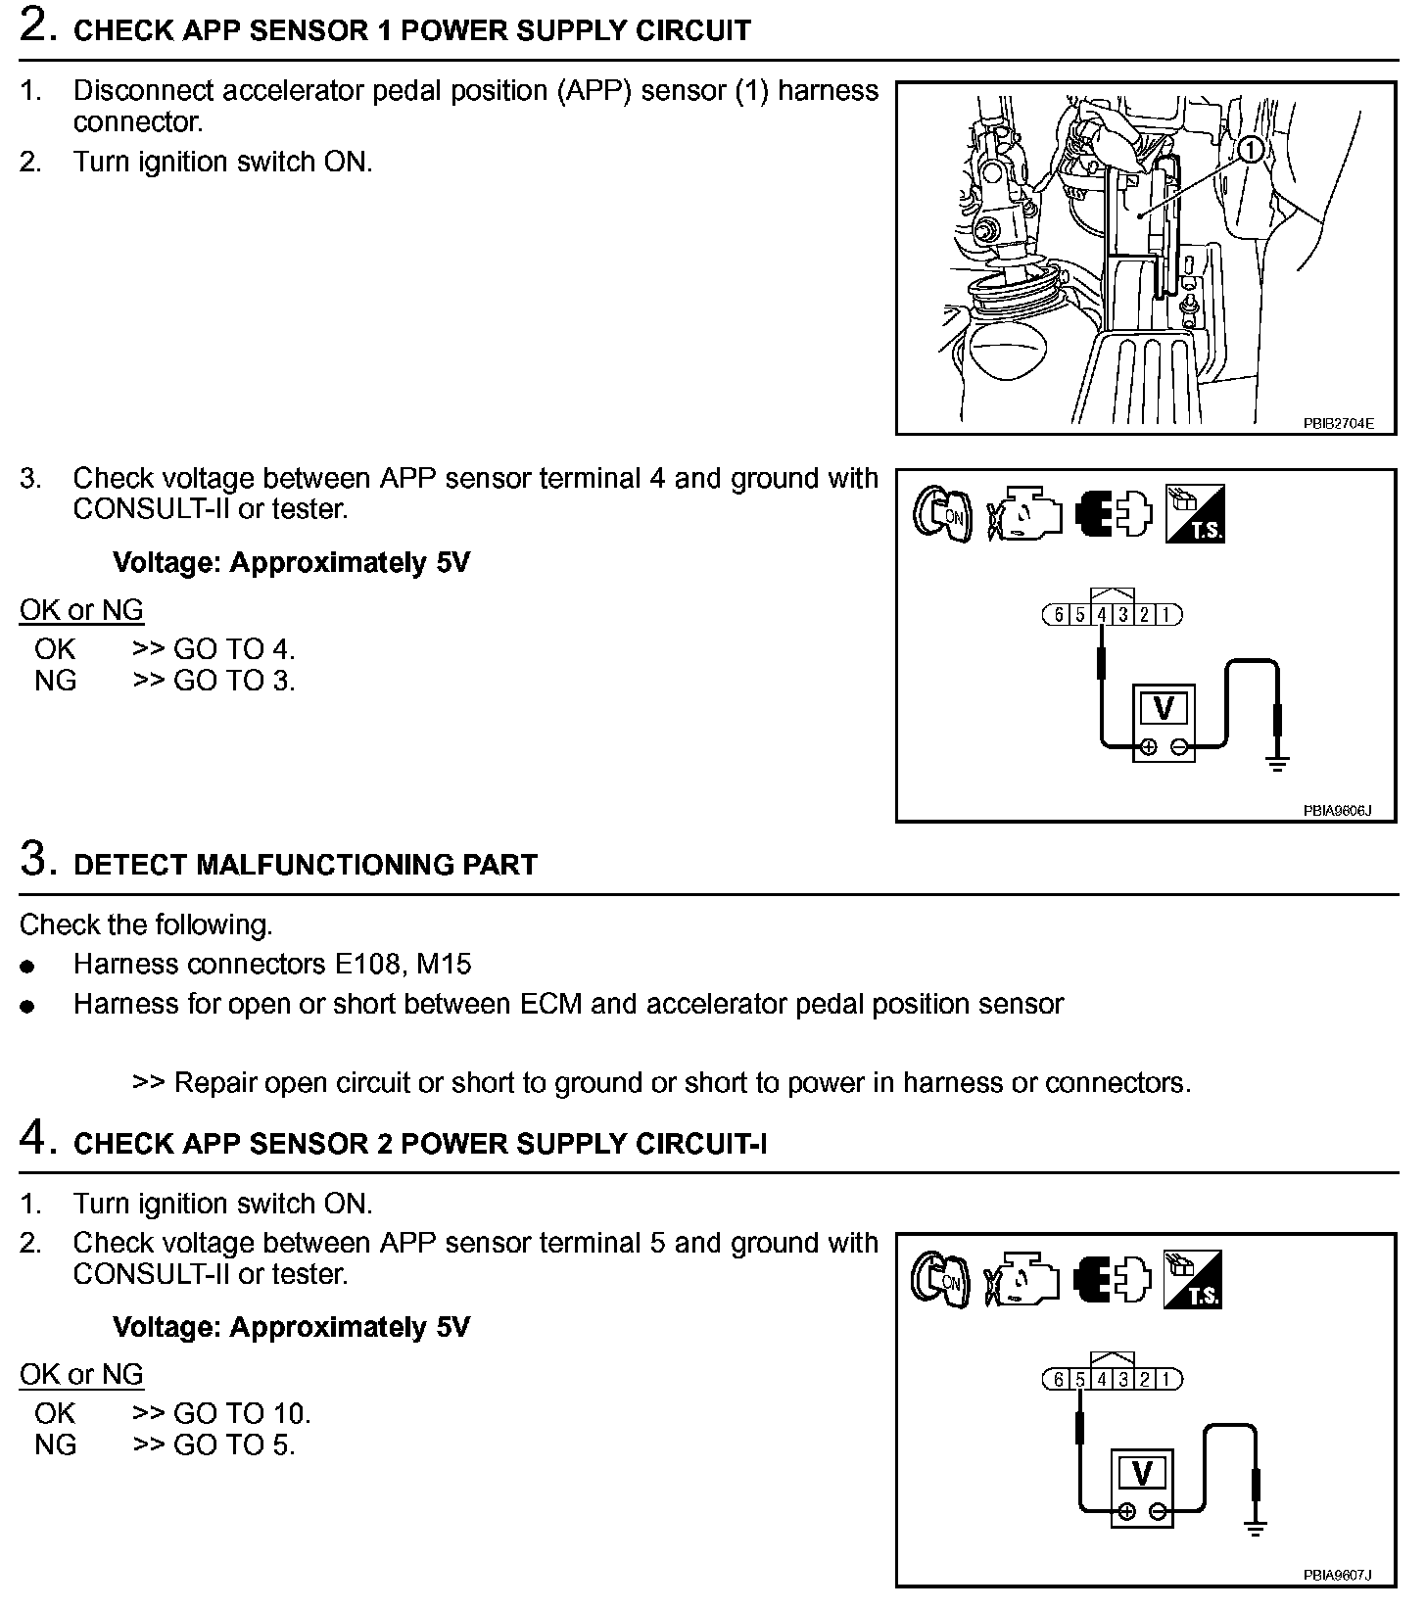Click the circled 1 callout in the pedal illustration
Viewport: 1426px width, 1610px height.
tap(1252, 150)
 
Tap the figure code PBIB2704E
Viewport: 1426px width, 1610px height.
tap(1338, 424)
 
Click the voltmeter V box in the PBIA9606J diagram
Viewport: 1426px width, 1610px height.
tap(1164, 709)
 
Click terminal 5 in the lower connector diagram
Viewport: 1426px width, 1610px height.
tap(1080, 1380)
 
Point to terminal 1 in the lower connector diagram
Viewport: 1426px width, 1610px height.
tap(1165, 1380)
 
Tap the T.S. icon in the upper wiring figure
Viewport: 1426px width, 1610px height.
tap(1195, 514)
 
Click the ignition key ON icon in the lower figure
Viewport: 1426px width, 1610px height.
tap(939, 1280)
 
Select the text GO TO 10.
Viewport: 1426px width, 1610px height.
tap(242, 1413)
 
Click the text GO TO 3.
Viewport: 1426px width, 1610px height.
tap(234, 681)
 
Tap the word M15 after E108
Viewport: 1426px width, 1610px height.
tap(444, 965)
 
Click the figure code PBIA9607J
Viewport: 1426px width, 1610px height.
tap(1337, 1575)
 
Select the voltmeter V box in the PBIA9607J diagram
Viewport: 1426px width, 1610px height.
tap(1142, 1473)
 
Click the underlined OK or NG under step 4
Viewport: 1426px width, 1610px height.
tap(81, 1374)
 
